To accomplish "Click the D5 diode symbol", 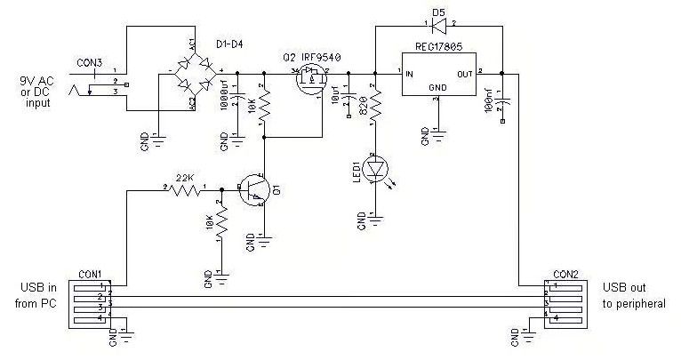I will tap(438, 26).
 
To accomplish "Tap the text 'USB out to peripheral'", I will tap(630, 296).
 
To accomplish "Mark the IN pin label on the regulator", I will tap(410, 75).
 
